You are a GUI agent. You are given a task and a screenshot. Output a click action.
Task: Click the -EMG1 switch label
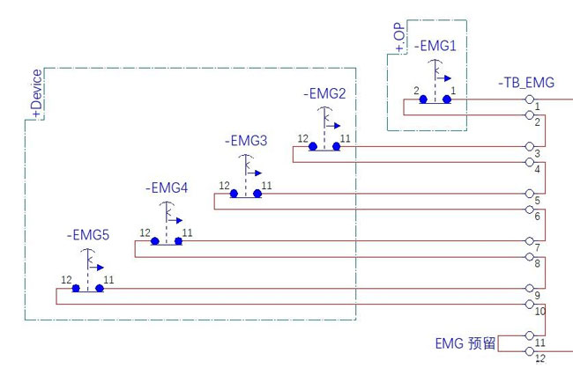435,46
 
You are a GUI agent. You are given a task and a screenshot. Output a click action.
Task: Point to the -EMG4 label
166,188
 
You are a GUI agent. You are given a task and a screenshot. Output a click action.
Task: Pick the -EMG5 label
87,236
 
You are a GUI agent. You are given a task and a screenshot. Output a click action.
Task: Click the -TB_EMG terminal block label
526,84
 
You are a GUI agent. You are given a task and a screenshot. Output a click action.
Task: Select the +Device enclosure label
36,93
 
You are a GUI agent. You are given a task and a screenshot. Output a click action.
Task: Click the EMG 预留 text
465,342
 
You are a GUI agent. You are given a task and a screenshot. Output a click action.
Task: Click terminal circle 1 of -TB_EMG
530,99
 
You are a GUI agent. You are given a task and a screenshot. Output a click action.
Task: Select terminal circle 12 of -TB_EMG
530,351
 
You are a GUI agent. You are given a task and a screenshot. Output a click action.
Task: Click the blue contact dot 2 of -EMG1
424,99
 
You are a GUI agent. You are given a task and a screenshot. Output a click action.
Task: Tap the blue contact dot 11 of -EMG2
337,147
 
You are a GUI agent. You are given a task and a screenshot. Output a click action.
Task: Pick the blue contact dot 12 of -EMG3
234,194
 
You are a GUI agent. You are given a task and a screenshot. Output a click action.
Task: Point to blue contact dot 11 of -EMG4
178,241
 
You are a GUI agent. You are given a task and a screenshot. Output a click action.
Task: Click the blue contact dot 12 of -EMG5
77,289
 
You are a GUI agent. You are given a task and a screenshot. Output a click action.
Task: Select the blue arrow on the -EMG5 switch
99,267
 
